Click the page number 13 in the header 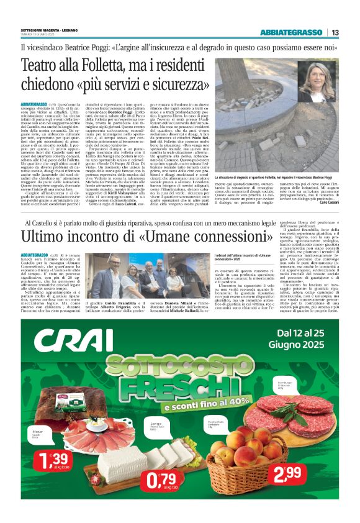tap(335, 32)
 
